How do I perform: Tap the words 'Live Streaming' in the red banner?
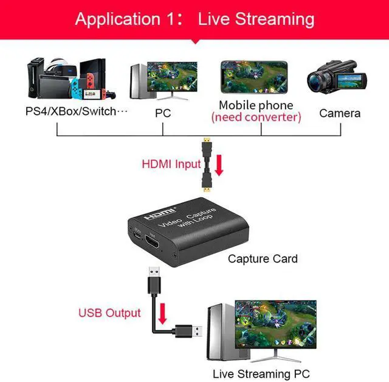coord(256,19)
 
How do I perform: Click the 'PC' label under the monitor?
coord(163,113)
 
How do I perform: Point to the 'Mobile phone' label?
coord(256,105)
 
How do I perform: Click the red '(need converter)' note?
coord(256,117)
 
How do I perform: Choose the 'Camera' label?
coord(340,113)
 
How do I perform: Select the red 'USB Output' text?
coord(109,313)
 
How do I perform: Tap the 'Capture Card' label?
coord(263,259)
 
